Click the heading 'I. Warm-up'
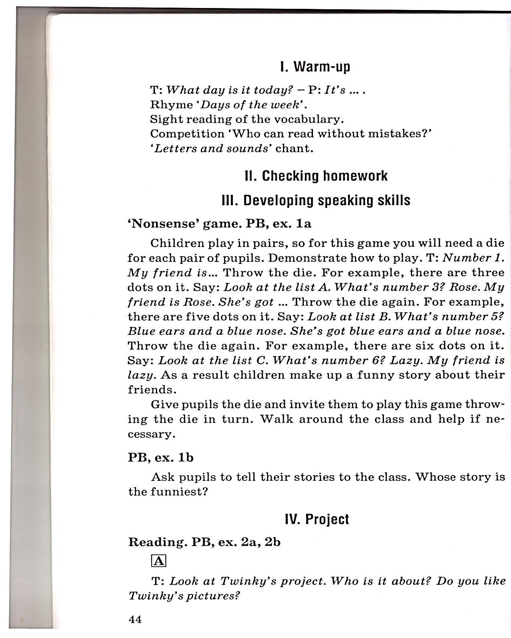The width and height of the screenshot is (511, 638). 315,67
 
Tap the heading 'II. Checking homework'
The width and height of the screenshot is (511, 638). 316,176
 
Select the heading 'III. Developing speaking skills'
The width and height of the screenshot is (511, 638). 316,200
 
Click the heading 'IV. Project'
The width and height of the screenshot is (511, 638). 317,519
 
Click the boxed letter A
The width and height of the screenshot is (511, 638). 159,561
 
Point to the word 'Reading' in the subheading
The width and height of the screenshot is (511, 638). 157,542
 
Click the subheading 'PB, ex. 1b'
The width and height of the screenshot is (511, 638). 160,458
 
